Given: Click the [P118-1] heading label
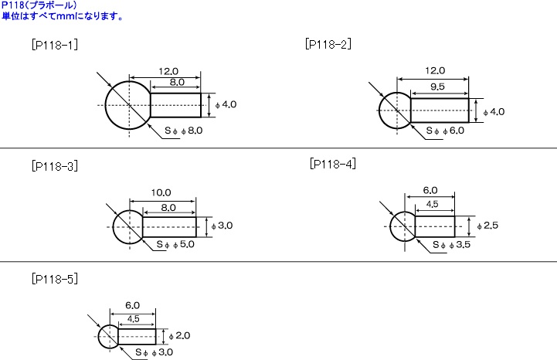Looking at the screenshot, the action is tap(55, 45).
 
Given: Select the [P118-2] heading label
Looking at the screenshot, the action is tap(328, 44).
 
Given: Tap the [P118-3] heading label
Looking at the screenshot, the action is tap(55, 166).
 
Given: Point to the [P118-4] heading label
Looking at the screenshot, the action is tap(333, 164).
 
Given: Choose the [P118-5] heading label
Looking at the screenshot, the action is tap(55, 279).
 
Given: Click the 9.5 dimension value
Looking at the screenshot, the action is tap(437, 87).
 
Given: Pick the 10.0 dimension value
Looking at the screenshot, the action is tap(161, 192).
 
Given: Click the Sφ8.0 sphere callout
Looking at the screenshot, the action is tap(184, 131).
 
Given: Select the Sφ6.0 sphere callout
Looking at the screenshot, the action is tap(446, 131).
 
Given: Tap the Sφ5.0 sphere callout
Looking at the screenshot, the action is tap(175, 244).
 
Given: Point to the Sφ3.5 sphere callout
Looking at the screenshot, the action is tap(451, 244).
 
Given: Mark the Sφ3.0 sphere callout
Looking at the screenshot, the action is tap(155, 352).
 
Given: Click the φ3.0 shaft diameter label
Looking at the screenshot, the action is tap(222, 226).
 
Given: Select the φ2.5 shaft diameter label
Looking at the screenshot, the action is tap(487, 226).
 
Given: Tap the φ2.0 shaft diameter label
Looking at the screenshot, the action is tap(179, 335).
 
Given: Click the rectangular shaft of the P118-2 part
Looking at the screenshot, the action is tap(440, 110).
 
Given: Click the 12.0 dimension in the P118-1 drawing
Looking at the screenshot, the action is tap(168, 71).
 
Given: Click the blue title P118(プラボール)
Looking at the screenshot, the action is tap(39, 5).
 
